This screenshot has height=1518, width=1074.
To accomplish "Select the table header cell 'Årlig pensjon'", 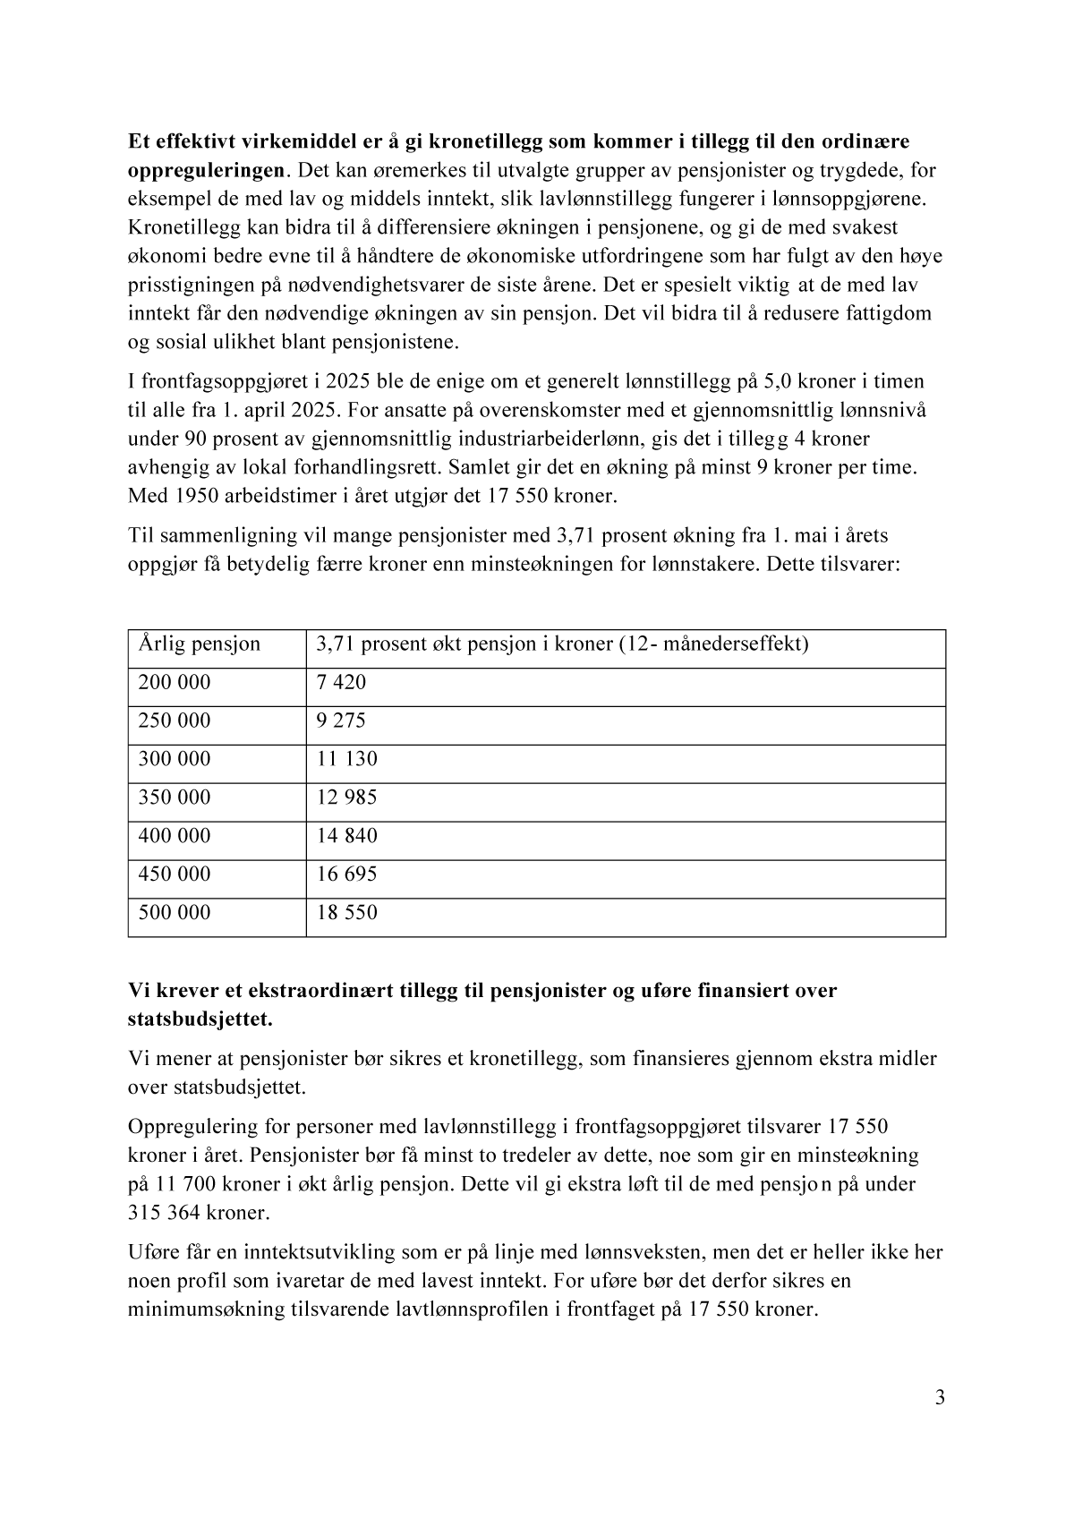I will pos(200,644).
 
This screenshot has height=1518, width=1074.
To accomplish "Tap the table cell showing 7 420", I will pos(341,682).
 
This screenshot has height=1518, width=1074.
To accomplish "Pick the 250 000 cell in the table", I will pos(175,721).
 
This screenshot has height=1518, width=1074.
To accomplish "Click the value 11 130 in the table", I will pos(346,759).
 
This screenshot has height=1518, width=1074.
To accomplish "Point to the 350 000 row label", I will pos(175,797).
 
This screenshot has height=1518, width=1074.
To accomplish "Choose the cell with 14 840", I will pos(346,836).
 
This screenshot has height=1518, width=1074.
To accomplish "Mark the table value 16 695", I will pos(346,874).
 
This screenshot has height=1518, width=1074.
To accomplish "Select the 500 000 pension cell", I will pos(175,913).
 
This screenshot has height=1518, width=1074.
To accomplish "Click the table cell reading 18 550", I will pos(346,913).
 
